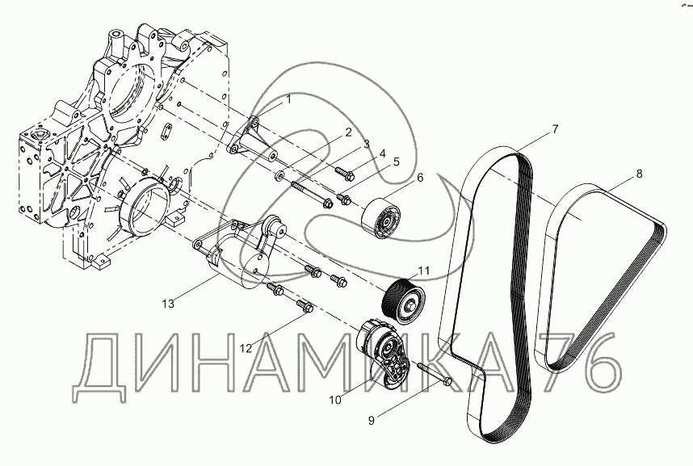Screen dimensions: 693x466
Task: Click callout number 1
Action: pyautogui.click(x=288, y=99)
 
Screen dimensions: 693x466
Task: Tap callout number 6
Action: pyautogui.click(x=420, y=178)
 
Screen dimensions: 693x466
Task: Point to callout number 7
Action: pyautogui.click(x=555, y=128)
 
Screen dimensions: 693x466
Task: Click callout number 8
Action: pyautogui.click(x=640, y=173)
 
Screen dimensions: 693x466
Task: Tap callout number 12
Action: pyautogui.click(x=246, y=348)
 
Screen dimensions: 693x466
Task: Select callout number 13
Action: pyautogui.click(x=168, y=304)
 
